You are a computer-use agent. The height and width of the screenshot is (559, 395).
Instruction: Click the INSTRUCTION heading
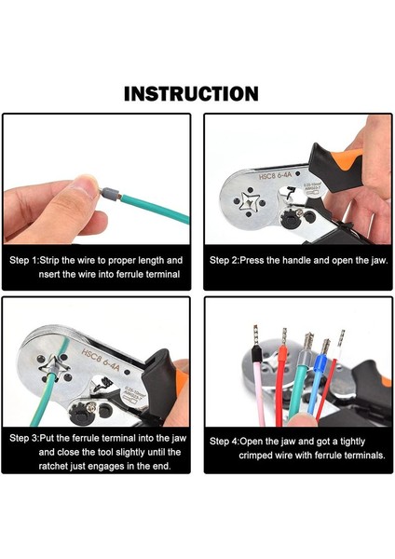point(191,94)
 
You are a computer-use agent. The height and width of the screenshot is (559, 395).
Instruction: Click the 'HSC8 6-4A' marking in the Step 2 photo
point(275,175)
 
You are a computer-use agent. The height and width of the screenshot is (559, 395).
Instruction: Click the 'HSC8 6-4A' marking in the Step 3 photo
point(102,361)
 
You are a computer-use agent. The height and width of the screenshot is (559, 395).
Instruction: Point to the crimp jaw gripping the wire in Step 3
point(53,368)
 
